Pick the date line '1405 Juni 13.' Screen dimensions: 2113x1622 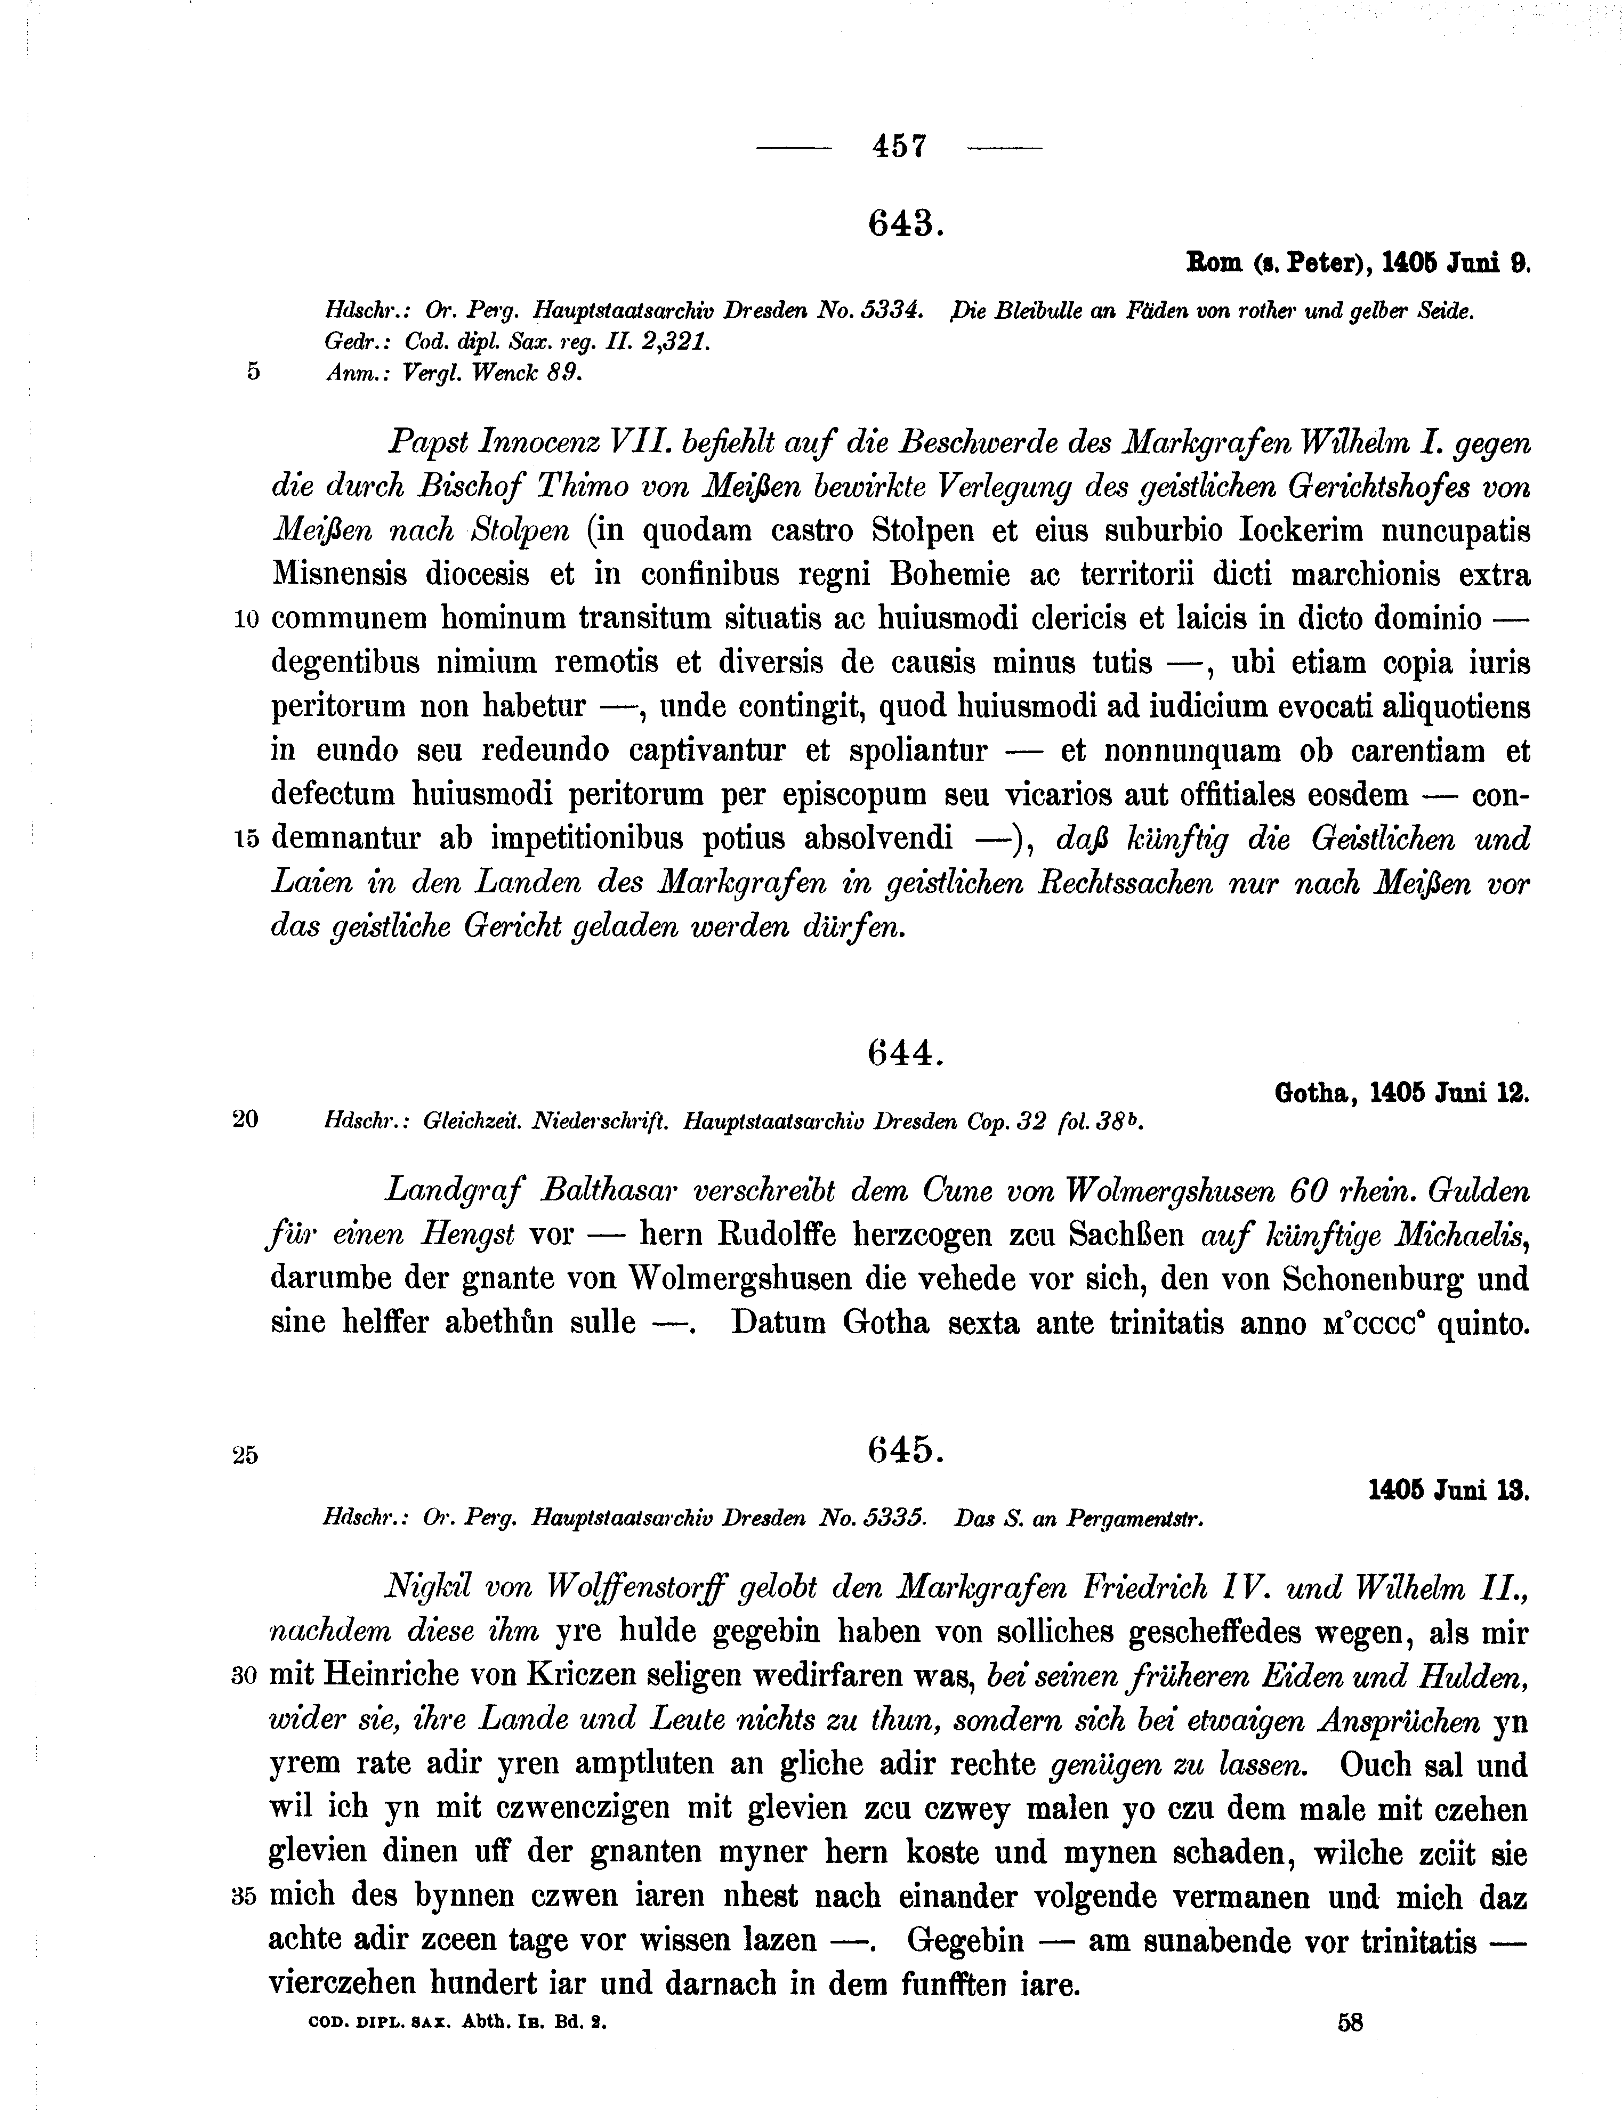[1448, 1490]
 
